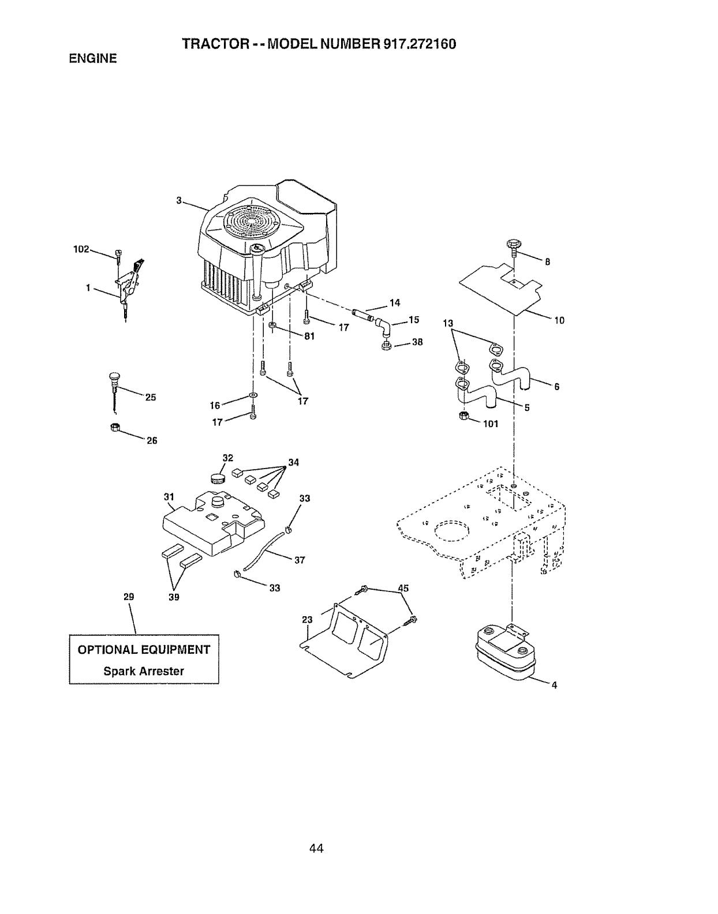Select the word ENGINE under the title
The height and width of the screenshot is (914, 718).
pos(93,59)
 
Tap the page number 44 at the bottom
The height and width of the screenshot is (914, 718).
pos(316,848)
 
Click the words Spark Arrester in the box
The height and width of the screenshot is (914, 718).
pos(144,671)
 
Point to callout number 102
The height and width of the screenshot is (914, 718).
pos(81,249)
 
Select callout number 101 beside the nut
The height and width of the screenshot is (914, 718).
pos(490,424)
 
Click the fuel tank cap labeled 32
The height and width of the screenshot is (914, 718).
pos(217,478)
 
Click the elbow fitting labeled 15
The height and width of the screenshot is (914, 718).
pos(384,329)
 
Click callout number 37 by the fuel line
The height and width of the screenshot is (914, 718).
pos(299,560)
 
